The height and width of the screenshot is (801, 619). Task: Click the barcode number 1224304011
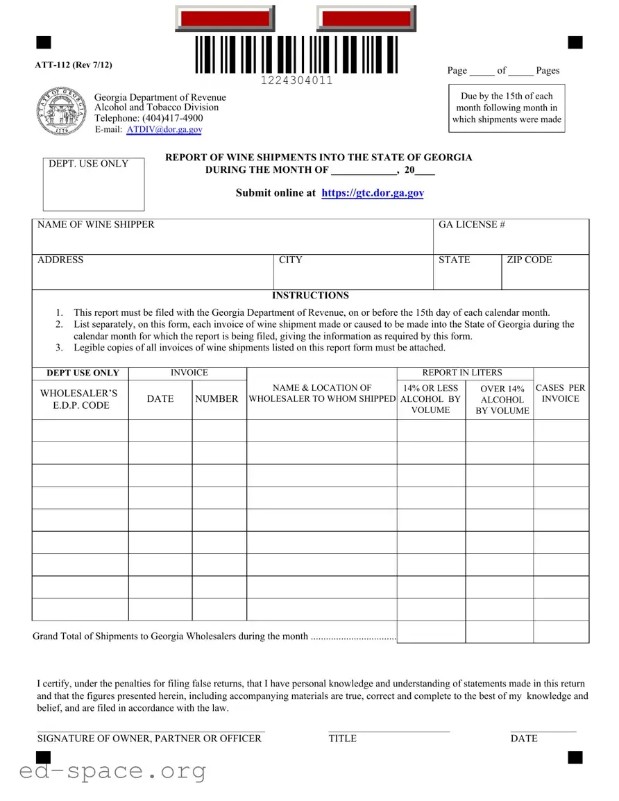coord(296,81)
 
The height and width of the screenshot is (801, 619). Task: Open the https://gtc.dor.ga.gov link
coord(373,193)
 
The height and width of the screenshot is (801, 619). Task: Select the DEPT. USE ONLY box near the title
coord(94,184)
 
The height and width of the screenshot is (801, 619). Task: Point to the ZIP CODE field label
coord(529,260)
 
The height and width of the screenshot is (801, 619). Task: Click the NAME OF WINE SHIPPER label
coord(96,225)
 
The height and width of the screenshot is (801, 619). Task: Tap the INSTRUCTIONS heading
coord(310,296)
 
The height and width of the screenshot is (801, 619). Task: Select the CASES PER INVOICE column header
coord(560,394)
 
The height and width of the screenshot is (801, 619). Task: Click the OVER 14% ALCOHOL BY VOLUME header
coord(502,400)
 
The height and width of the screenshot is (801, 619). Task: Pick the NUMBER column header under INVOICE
coord(217,399)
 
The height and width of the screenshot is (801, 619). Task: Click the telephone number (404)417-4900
coord(172,119)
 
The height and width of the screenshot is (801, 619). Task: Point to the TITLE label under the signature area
coord(342,739)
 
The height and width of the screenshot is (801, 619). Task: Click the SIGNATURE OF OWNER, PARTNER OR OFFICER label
coord(149,739)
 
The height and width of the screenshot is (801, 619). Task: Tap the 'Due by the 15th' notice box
coord(507,108)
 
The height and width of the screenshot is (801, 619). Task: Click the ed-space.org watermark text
coord(112,771)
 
